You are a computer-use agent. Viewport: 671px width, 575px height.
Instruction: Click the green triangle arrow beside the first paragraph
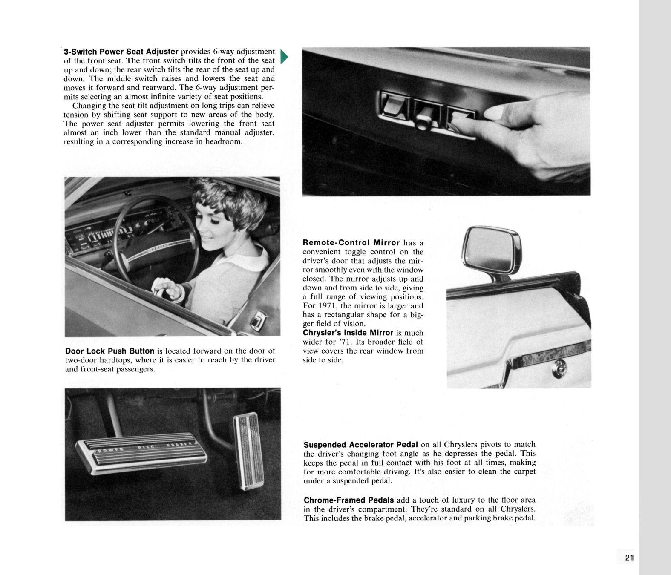(285, 57)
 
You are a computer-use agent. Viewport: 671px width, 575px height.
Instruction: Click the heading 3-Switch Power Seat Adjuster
(121, 52)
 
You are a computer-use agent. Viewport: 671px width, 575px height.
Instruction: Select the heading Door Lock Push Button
(109, 351)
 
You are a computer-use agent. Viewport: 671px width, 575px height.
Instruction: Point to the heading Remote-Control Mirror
(351, 243)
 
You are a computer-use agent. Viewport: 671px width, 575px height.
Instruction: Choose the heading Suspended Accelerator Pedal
(360, 444)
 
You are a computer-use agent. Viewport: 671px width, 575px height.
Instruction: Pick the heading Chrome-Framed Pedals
(348, 500)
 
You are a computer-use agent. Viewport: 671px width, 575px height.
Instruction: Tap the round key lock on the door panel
(559, 370)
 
